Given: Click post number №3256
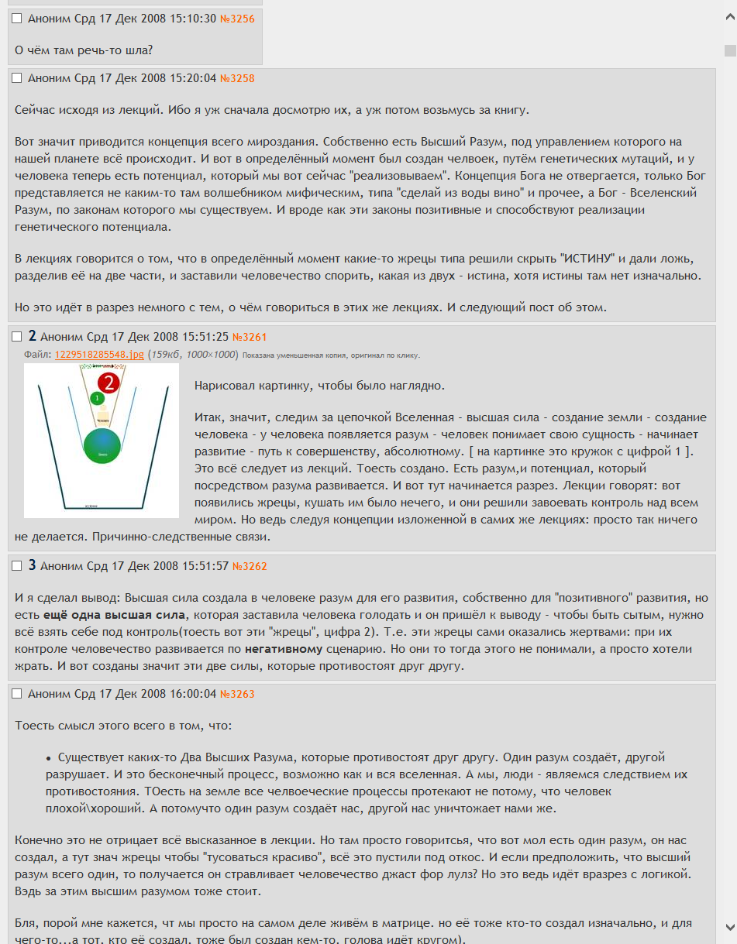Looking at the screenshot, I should click(237, 19).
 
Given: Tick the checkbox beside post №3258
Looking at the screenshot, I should click(17, 78).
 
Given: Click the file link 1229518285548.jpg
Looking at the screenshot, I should click(99, 355).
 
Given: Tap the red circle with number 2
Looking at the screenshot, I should click(109, 383).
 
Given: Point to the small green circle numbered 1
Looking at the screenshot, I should click(96, 398).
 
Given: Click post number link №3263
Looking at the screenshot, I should click(237, 694).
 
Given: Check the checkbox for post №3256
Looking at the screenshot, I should click(17, 19).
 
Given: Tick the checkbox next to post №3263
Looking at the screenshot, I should click(17, 694).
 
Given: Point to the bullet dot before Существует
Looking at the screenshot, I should click(49, 758).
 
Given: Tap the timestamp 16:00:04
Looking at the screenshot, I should click(189, 694).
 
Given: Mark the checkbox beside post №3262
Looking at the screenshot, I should click(17, 566).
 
